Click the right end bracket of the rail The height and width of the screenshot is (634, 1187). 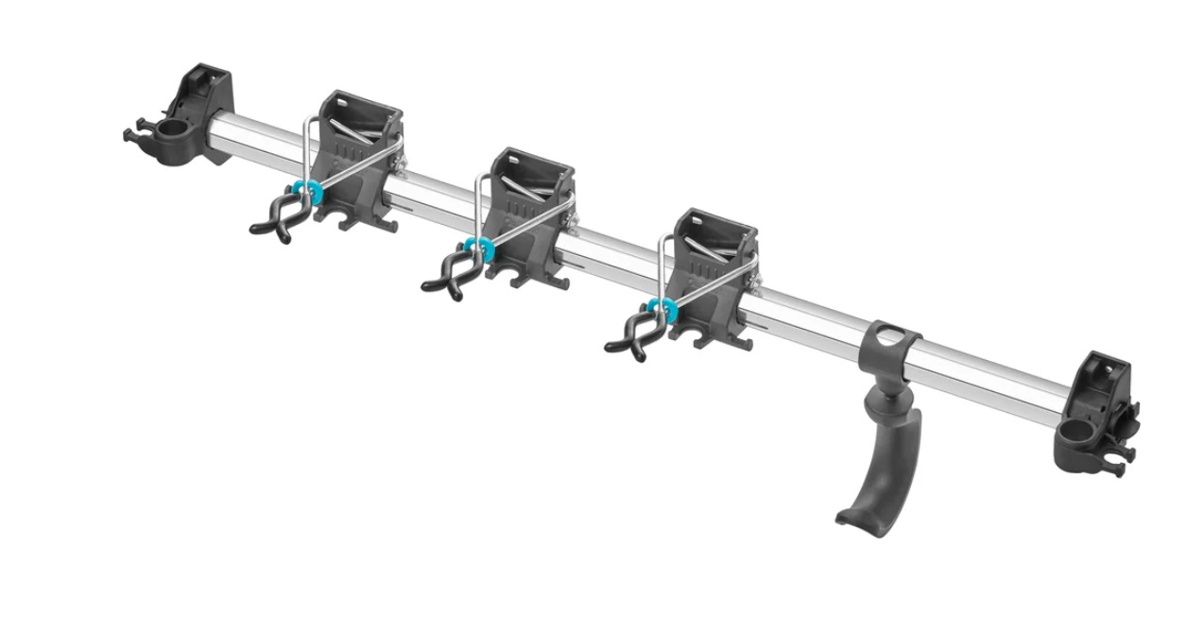[1100, 406]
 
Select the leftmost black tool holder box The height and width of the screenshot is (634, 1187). [356, 151]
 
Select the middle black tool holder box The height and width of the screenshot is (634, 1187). [529, 208]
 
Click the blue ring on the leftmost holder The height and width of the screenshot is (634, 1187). [307, 191]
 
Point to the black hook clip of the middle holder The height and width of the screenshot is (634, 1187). [448, 275]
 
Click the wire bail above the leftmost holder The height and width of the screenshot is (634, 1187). [307, 142]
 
